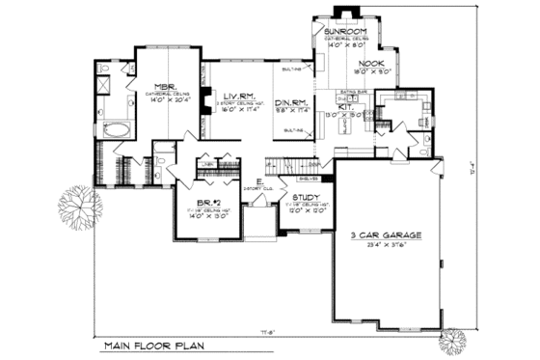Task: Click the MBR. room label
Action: coord(161,86)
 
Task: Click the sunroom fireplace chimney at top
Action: coord(343,12)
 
